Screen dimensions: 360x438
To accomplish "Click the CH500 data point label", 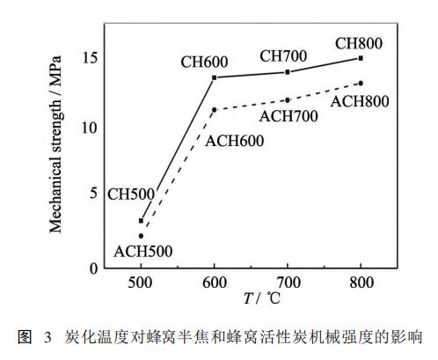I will [132, 193].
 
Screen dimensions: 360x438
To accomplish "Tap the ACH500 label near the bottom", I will [141, 251].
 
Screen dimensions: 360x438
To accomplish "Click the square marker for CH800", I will [361, 58].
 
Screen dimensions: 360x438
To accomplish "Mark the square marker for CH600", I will [215, 77].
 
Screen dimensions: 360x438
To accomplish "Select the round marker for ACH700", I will [288, 99].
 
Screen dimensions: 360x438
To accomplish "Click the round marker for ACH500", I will [141, 235].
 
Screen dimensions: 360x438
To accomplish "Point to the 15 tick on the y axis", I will [90, 58].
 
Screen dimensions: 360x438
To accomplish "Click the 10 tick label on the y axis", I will [90, 128].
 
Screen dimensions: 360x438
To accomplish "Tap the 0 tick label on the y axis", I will [92, 267].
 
